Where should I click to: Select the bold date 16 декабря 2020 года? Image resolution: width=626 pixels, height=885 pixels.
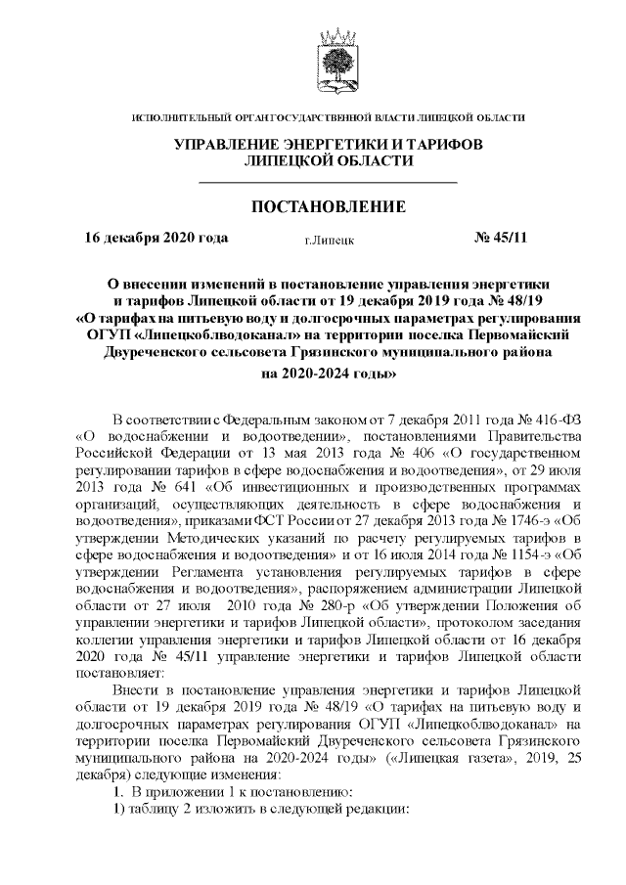(x=156, y=238)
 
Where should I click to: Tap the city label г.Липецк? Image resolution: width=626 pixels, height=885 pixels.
(x=329, y=239)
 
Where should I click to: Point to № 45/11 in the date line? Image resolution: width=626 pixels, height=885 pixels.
(x=500, y=238)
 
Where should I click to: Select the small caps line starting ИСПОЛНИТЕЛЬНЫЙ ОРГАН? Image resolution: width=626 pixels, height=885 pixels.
(x=328, y=117)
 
